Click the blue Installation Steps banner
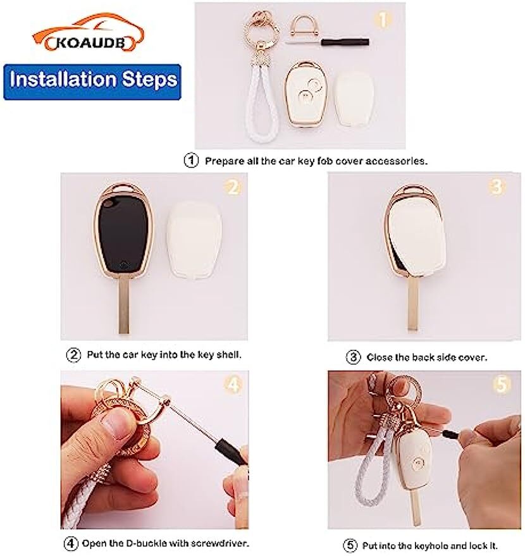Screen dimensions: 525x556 92,82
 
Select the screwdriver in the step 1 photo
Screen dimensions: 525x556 328,42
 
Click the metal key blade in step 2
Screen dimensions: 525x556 123,306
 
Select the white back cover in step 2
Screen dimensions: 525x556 194,240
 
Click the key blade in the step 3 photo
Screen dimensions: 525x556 412,303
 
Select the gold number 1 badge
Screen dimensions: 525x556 383,20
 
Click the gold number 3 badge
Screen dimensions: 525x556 497,187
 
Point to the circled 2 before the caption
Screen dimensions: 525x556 74,355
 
